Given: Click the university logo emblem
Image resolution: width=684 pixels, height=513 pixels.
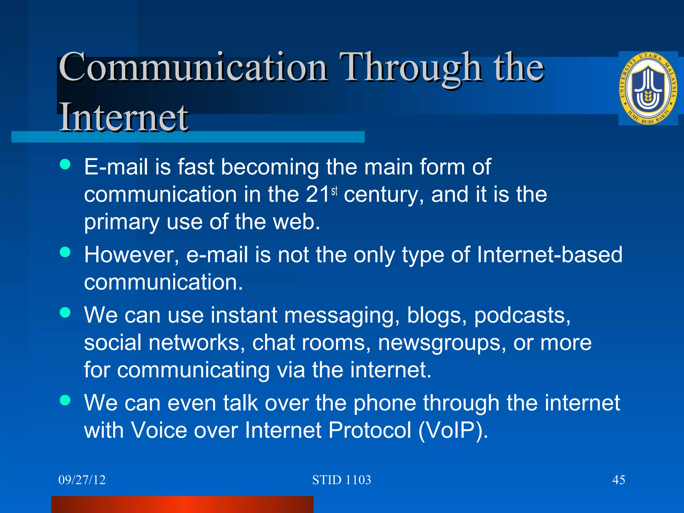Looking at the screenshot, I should [x=648, y=89].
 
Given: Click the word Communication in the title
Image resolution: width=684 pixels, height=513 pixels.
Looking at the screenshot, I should [x=193, y=68].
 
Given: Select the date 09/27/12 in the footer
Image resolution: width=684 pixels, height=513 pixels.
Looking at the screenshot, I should [x=82, y=480].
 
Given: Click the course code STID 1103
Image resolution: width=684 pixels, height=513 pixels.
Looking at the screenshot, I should [x=341, y=480].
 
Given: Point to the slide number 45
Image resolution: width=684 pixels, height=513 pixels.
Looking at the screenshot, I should [x=619, y=480].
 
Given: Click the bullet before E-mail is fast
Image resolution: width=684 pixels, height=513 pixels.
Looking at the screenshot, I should [x=65, y=164].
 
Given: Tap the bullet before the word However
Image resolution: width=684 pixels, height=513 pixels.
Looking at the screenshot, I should [x=65, y=252].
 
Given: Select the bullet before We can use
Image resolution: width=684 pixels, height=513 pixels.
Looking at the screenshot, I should [x=65, y=312].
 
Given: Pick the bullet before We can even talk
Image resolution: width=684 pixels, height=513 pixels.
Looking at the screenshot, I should [x=65, y=400].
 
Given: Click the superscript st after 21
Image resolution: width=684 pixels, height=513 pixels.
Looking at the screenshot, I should [x=334, y=191].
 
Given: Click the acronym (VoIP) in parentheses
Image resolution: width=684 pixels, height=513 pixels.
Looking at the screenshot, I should [x=453, y=430].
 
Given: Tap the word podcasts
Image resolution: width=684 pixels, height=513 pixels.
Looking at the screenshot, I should [x=522, y=315].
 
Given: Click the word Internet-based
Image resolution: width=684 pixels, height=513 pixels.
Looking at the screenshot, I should [x=549, y=255].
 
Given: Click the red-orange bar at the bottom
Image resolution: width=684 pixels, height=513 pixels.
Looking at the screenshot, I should [x=182, y=504].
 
